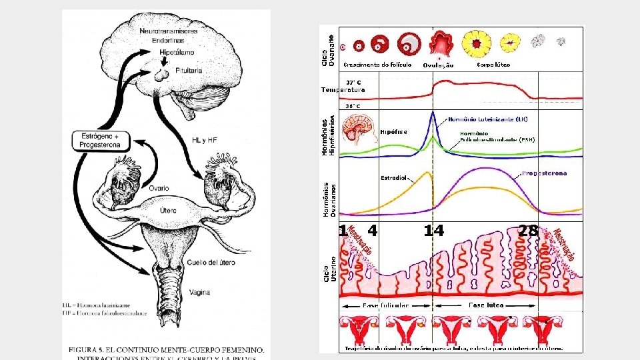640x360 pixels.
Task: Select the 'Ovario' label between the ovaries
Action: click(159, 188)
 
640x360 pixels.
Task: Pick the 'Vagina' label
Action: click(199, 292)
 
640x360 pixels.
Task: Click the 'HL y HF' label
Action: click(205, 140)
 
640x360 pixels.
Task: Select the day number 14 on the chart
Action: click(433, 231)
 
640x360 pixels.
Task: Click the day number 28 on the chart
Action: click(528, 231)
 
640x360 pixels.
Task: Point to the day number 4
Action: click(372, 231)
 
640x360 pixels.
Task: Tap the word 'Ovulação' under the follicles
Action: click(438, 65)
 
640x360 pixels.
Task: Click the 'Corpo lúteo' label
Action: click(493, 65)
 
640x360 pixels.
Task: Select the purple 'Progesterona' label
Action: click(545, 173)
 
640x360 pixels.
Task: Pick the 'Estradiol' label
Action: click(394, 178)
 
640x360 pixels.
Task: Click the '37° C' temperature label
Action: click(353, 83)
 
